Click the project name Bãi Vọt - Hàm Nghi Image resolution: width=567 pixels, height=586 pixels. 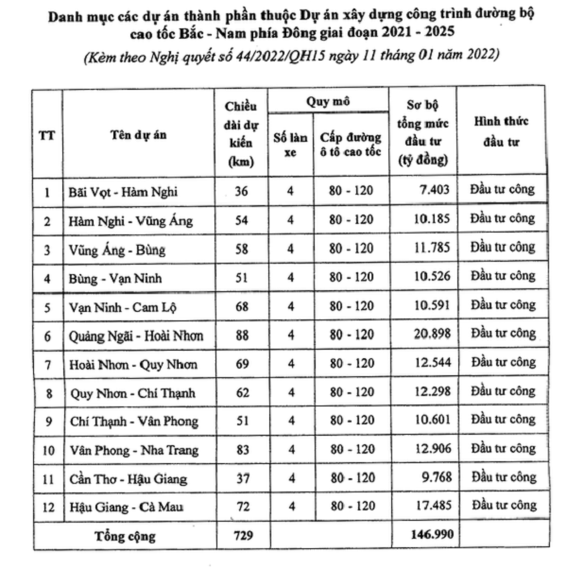(x=123, y=192)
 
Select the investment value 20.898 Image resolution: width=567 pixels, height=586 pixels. (x=432, y=334)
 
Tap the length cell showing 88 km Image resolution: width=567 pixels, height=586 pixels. (x=242, y=335)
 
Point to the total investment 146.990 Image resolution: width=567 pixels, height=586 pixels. (x=432, y=534)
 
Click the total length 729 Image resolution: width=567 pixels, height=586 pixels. (x=243, y=535)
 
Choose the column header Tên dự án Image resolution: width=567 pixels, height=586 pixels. (x=138, y=135)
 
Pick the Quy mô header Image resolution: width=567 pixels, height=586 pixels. (x=328, y=102)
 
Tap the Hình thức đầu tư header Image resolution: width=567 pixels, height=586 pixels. (x=501, y=132)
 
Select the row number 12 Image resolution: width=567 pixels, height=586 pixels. (x=48, y=507)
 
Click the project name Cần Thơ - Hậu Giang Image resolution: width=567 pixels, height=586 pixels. (x=128, y=479)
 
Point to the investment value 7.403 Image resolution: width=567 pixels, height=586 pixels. (x=434, y=189)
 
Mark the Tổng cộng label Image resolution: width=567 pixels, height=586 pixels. (x=125, y=536)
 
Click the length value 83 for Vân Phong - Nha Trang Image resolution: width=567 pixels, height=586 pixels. (x=243, y=450)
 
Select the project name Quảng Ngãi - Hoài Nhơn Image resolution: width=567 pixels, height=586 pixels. (x=136, y=336)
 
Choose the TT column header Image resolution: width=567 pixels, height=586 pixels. (x=47, y=135)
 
